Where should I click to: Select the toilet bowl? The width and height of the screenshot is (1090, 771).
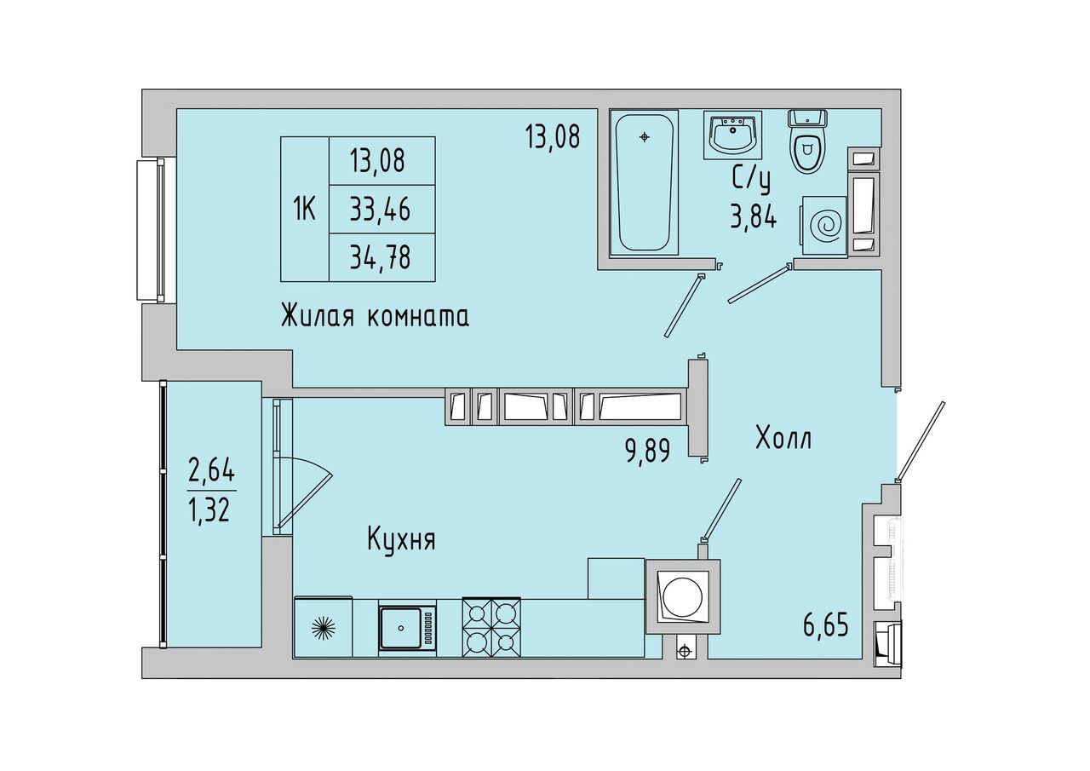807,141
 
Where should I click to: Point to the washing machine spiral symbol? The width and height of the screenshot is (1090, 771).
826,226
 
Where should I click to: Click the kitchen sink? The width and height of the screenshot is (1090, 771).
400,628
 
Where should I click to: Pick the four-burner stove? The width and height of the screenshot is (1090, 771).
491,627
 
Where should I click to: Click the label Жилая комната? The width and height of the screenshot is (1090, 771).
376,316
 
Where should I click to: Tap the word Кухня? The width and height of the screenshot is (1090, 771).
401,540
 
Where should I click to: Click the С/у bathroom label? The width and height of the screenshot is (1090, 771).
751,181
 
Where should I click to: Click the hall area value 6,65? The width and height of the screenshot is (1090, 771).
826,625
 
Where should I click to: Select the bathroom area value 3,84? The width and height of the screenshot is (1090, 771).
752,216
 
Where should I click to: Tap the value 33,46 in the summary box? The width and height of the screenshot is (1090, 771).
380,210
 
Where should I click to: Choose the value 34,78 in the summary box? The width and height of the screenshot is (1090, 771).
380,257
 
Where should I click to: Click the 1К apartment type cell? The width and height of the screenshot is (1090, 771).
304,210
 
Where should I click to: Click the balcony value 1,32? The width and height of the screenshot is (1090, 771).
209,510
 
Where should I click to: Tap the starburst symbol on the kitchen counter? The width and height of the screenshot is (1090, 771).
324,629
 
